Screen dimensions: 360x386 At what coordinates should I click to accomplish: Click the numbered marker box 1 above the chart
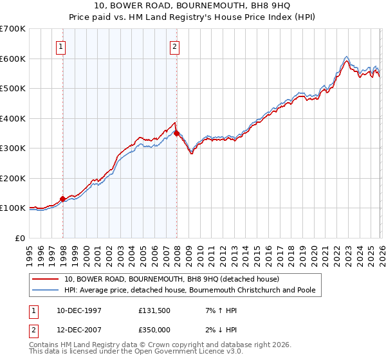pyautogui.click(x=60, y=46)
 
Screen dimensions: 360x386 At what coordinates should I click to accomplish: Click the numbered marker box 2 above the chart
pyautogui.click(x=174, y=46)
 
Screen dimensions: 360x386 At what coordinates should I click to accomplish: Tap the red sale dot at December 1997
pyautogui.click(x=62, y=199)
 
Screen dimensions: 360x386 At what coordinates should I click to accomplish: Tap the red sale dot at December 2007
pyautogui.click(x=177, y=134)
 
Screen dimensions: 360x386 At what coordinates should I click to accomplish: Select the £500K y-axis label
pyautogui.click(x=13, y=88)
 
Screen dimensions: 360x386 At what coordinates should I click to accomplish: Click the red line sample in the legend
pyautogui.click(x=46, y=280)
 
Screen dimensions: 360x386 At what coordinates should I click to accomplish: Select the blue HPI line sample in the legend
pyautogui.click(x=46, y=291)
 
